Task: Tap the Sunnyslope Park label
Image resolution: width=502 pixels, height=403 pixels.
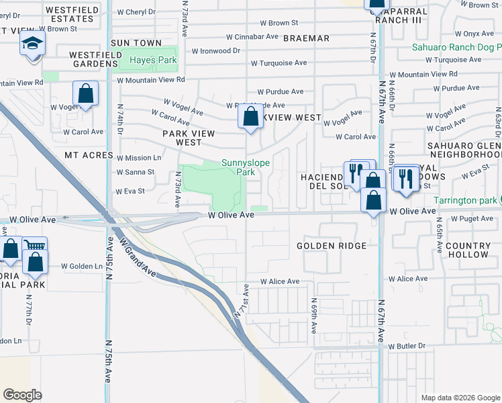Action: [x=239, y=167]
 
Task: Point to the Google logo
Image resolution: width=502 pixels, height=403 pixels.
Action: [x=22, y=394]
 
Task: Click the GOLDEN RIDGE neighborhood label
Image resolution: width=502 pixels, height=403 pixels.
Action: [x=332, y=247]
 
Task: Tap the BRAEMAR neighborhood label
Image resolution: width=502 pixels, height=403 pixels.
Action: [x=306, y=38]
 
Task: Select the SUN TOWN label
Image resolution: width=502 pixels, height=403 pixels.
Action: [x=136, y=43]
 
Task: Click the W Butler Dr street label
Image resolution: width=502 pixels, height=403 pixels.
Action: [x=407, y=346]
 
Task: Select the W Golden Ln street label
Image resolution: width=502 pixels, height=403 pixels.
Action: [x=81, y=267]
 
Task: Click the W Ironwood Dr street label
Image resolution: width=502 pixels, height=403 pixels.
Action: [x=215, y=50]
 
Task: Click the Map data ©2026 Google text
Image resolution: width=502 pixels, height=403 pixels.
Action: [x=460, y=398]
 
